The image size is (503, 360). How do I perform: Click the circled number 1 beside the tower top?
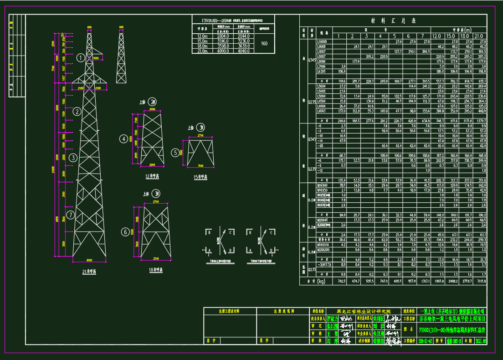pos(80,58)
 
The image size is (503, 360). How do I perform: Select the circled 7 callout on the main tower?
pos(70,215)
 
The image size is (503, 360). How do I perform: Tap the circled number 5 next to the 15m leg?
pos(175,153)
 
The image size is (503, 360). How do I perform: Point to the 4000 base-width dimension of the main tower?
pos(89,261)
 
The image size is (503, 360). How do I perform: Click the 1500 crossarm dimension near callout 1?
pos(96,58)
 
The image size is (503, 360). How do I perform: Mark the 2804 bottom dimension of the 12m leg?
pos(152,164)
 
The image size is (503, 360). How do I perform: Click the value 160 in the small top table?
pos(264,44)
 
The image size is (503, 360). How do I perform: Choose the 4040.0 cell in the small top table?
pos(243,51)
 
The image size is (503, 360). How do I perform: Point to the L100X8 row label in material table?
pos(321,41)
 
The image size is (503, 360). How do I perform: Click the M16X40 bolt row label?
pos(322,185)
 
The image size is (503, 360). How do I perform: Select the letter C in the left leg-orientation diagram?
pos(231,232)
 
